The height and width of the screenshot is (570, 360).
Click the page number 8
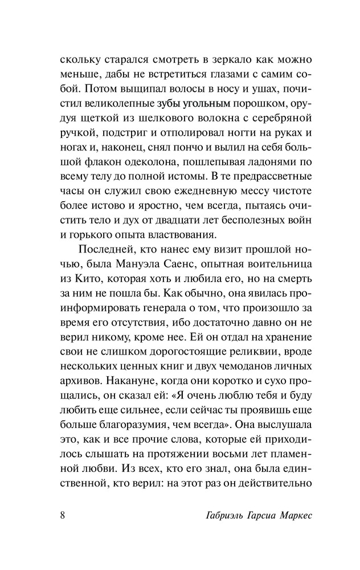(x=62, y=516)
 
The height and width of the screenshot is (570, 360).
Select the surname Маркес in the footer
(x=291, y=517)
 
